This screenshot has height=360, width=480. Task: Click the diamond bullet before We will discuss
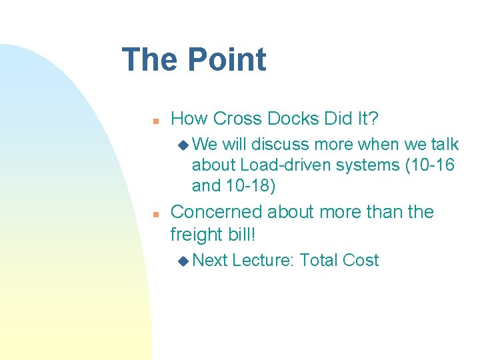pyautogui.click(x=183, y=144)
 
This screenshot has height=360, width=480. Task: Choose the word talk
pyautogui.click(x=444, y=144)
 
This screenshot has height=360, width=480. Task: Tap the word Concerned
pyautogui.click(x=217, y=212)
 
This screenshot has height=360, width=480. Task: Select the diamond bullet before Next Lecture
pyautogui.click(x=183, y=261)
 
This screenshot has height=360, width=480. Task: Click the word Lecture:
pyautogui.click(x=263, y=261)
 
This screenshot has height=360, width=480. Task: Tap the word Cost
pyautogui.click(x=361, y=261)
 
